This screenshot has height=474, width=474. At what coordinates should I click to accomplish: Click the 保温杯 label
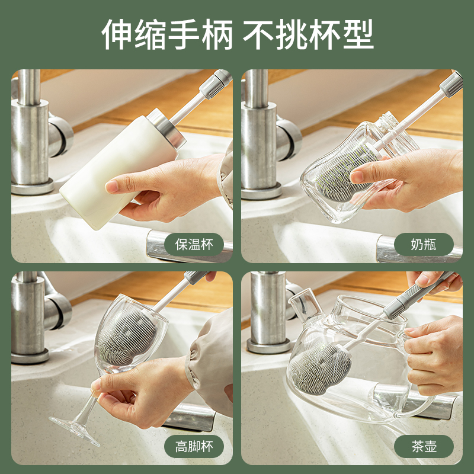194,245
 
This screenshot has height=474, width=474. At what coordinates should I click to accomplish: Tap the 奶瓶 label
424,245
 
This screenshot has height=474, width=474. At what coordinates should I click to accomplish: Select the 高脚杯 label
194,447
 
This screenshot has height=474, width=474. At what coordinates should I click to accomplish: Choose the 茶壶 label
424,447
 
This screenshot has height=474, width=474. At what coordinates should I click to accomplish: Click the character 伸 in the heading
117,34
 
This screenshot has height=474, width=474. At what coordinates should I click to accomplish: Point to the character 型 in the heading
358,34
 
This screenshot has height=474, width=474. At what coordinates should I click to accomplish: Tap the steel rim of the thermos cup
166,129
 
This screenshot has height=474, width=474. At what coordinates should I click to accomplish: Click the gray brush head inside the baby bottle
345,172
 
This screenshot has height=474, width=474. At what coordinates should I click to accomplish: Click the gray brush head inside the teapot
320,369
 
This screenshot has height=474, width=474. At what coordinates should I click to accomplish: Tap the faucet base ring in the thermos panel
33,187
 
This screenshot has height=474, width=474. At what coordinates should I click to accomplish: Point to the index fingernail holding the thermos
111,187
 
